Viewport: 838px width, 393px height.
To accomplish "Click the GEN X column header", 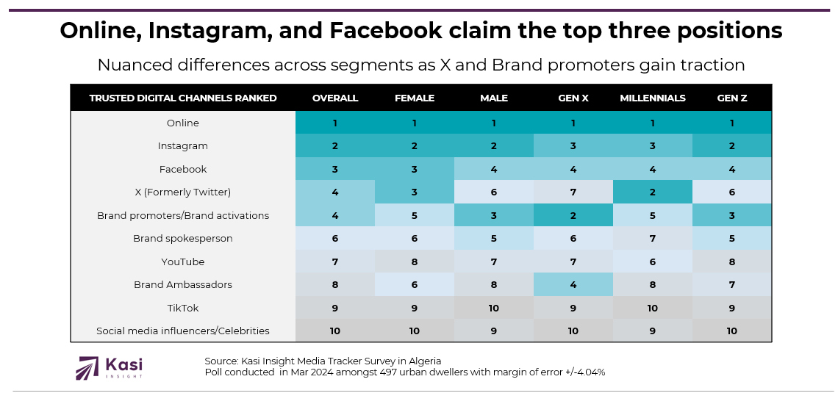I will coord(573,98).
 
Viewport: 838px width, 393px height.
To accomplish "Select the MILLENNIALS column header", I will coord(653,98).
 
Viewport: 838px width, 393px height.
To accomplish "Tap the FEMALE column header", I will coord(415,98).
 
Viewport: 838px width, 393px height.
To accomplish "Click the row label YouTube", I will coord(183,262).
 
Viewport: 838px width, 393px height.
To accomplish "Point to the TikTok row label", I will coord(183,309).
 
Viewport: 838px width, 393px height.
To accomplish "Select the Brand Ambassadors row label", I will coord(183,285).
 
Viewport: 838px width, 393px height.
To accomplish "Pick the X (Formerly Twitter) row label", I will coord(183,192).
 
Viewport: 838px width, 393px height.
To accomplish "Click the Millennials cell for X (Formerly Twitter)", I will coord(653,192).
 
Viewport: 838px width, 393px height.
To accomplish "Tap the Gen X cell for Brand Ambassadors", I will coord(573,285).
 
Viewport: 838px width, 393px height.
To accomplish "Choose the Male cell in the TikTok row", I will coord(494,309).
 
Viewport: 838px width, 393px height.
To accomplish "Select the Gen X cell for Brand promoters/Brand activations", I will coord(573,216).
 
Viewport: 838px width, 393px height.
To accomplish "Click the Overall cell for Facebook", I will coord(335,170).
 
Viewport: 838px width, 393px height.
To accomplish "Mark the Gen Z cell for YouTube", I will coord(731,262).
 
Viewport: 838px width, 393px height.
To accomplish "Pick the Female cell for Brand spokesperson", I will coord(415,239).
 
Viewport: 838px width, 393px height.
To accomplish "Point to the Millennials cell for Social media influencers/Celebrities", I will coord(653,331).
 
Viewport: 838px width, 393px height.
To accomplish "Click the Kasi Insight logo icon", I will coord(87,368).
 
